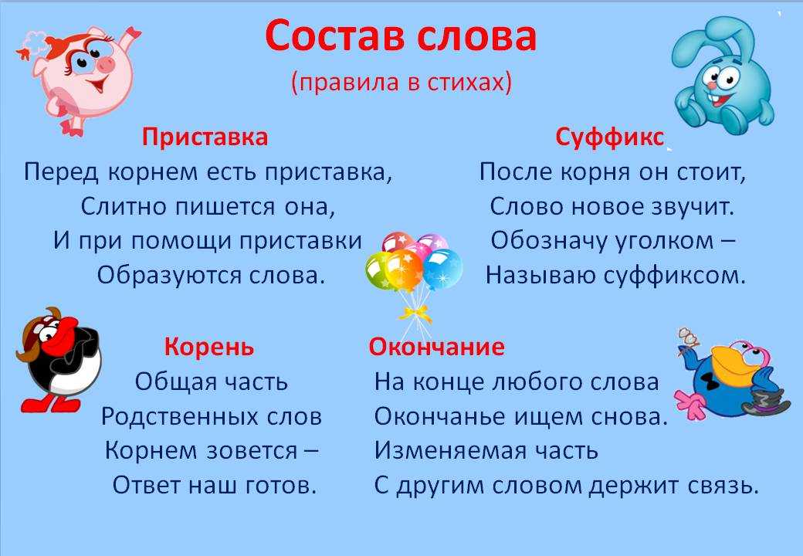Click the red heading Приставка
click(x=205, y=137)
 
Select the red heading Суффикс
click(x=610, y=137)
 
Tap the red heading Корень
click(x=209, y=347)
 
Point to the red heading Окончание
click(x=436, y=347)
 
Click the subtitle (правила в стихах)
click(x=401, y=82)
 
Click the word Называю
click(x=540, y=276)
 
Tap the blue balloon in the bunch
click(x=442, y=268)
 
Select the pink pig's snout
click(x=106, y=64)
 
